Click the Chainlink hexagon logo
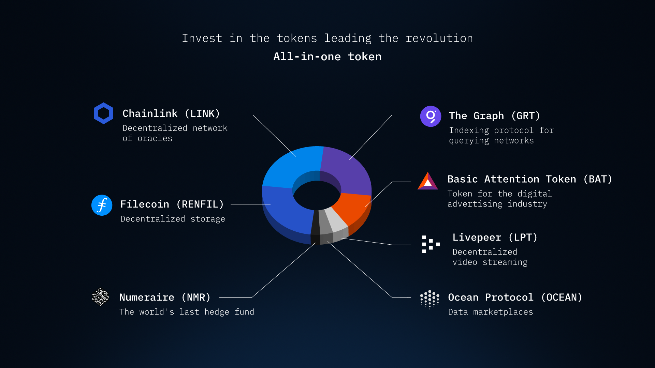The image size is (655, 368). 103,113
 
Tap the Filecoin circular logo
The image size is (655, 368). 102,205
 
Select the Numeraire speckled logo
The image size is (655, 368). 100,297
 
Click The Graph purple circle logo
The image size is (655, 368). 431,116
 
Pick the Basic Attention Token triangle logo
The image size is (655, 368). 428,181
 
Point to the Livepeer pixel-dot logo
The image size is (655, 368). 431,244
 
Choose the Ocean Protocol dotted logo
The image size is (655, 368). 430,300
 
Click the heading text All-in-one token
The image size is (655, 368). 327,57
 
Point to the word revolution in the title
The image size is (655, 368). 439,38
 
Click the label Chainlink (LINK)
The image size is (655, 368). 171,113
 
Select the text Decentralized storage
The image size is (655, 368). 173,219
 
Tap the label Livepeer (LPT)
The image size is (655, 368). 495,237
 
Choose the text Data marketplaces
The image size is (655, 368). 491,312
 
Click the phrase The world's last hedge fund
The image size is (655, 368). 187,312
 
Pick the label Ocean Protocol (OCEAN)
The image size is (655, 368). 515,297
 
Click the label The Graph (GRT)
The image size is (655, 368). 495,116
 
